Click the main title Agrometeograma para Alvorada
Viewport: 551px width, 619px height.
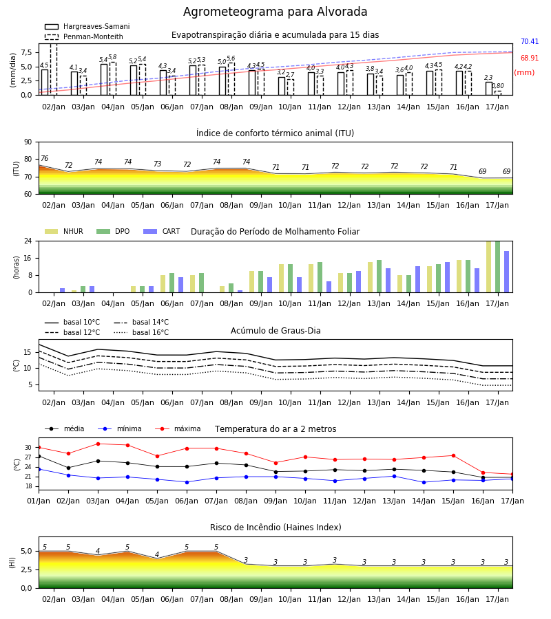275,12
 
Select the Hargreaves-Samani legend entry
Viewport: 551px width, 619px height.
87,26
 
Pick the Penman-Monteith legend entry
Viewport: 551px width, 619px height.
84,36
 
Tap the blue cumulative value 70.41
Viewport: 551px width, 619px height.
530,41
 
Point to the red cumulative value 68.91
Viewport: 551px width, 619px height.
530,58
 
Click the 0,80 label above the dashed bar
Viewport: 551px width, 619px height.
498,86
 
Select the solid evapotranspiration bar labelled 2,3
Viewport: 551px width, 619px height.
489,89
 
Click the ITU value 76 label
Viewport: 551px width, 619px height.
44,158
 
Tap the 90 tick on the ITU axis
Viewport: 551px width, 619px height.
28,142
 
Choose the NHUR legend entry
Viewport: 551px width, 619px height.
64,231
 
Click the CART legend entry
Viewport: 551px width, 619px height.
162,231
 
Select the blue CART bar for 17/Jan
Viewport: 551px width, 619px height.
507,272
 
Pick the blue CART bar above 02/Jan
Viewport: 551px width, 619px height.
63,290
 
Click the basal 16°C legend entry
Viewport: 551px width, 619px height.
141,332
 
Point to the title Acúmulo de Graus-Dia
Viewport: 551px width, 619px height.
275,330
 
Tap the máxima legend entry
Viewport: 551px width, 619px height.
178,428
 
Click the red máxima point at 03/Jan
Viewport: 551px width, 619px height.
98,444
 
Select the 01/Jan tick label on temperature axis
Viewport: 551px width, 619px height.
39,501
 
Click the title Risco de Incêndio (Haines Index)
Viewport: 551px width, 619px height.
275,528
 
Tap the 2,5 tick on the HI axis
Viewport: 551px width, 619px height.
26,569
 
